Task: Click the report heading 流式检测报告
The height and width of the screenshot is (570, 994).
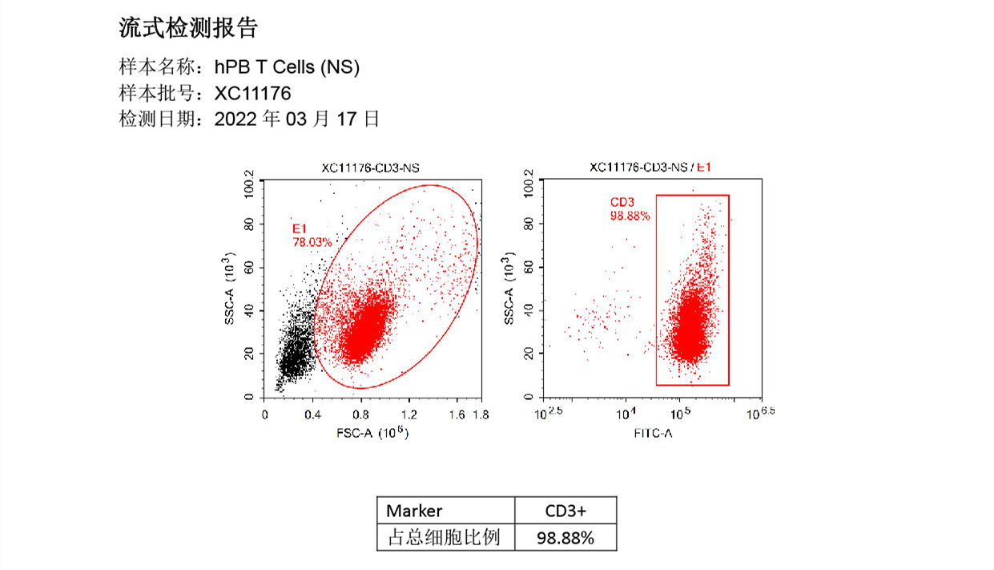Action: pyautogui.click(x=188, y=29)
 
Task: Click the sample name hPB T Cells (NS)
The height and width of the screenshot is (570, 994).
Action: pyautogui.click(x=287, y=68)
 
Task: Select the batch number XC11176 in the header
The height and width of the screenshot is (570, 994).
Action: pyautogui.click(x=252, y=94)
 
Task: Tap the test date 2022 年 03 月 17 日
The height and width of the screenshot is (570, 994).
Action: pyautogui.click(x=296, y=119)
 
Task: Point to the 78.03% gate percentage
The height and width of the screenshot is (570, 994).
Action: pyautogui.click(x=312, y=241)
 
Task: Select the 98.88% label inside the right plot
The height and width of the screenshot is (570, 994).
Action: pyautogui.click(x=630, y=216)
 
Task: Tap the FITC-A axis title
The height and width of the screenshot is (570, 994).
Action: pyautogui.click(x=653, y=433)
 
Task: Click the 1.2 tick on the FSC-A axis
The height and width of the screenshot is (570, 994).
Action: pyautogui.click(x=409, y=414)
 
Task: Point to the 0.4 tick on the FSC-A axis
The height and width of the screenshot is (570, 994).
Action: pyautogui.click(x=313, y=414)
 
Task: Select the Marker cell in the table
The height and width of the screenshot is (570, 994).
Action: pyautogui.click(x=415, y=511)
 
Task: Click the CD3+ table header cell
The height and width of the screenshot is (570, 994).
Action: pyautogui.click(x=565, y=511)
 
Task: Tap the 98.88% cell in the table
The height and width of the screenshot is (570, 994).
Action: pyautogui.click(x=565, y=537)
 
